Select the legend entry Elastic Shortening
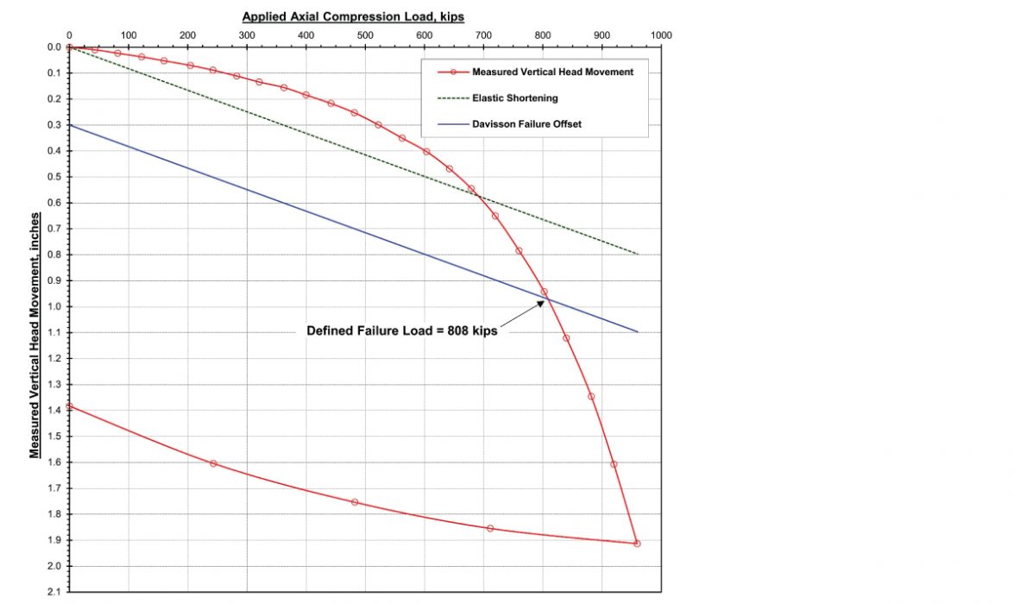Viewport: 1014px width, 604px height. pyautogui.click(x=514, y=98)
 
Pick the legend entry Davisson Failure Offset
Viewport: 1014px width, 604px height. pyautogui.click(x=526, y=124)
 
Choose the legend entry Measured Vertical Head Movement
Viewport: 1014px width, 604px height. pyautogui.click(x=552, y=72)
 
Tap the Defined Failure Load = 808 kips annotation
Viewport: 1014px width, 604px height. pyautogui.click(x=402, y=330)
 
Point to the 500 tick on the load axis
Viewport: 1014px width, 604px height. pyautogui.click(x=365, y=35)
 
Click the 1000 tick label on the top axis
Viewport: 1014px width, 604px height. pyautogui.click(x=662, y=35)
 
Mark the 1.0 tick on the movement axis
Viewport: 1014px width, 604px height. pyautogui.click(x=54, y=306)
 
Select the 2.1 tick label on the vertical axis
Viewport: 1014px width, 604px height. pyautogui.click(x=54, y=592)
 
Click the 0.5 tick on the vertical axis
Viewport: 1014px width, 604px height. pyautogui.click(x=54, y=177)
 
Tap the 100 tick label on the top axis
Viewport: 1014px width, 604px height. pyautogui.click(x=128, y=35)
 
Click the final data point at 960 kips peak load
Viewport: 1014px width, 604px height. pyautogui.click(x=637, y=544)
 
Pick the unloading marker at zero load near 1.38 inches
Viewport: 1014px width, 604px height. pyautogui.click(x=69, y=406)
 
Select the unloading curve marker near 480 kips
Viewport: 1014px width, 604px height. pyautogui.click(x=354, y=502)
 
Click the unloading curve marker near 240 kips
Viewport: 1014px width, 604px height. pyautogui.click(x=213, y=463)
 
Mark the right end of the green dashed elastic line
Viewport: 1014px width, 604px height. pyautogui.click(x=638, y=254)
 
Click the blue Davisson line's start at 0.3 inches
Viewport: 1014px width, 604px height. pyautogui.click(x=69, y=125)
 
